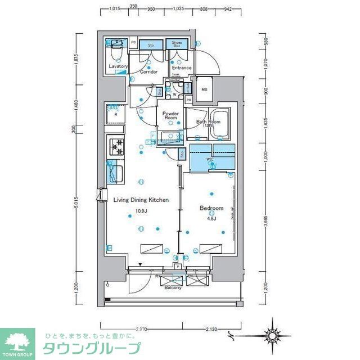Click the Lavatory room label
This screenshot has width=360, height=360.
118,67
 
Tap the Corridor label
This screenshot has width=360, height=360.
148,72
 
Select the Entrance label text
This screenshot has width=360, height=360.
182,68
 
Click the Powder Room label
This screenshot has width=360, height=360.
170,116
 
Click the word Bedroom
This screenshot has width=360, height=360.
211,208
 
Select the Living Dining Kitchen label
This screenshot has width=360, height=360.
141,200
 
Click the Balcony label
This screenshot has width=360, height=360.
173,288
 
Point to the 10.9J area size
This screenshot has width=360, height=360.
140,212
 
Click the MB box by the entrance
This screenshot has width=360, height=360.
204,89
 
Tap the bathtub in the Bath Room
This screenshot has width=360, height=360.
219,121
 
